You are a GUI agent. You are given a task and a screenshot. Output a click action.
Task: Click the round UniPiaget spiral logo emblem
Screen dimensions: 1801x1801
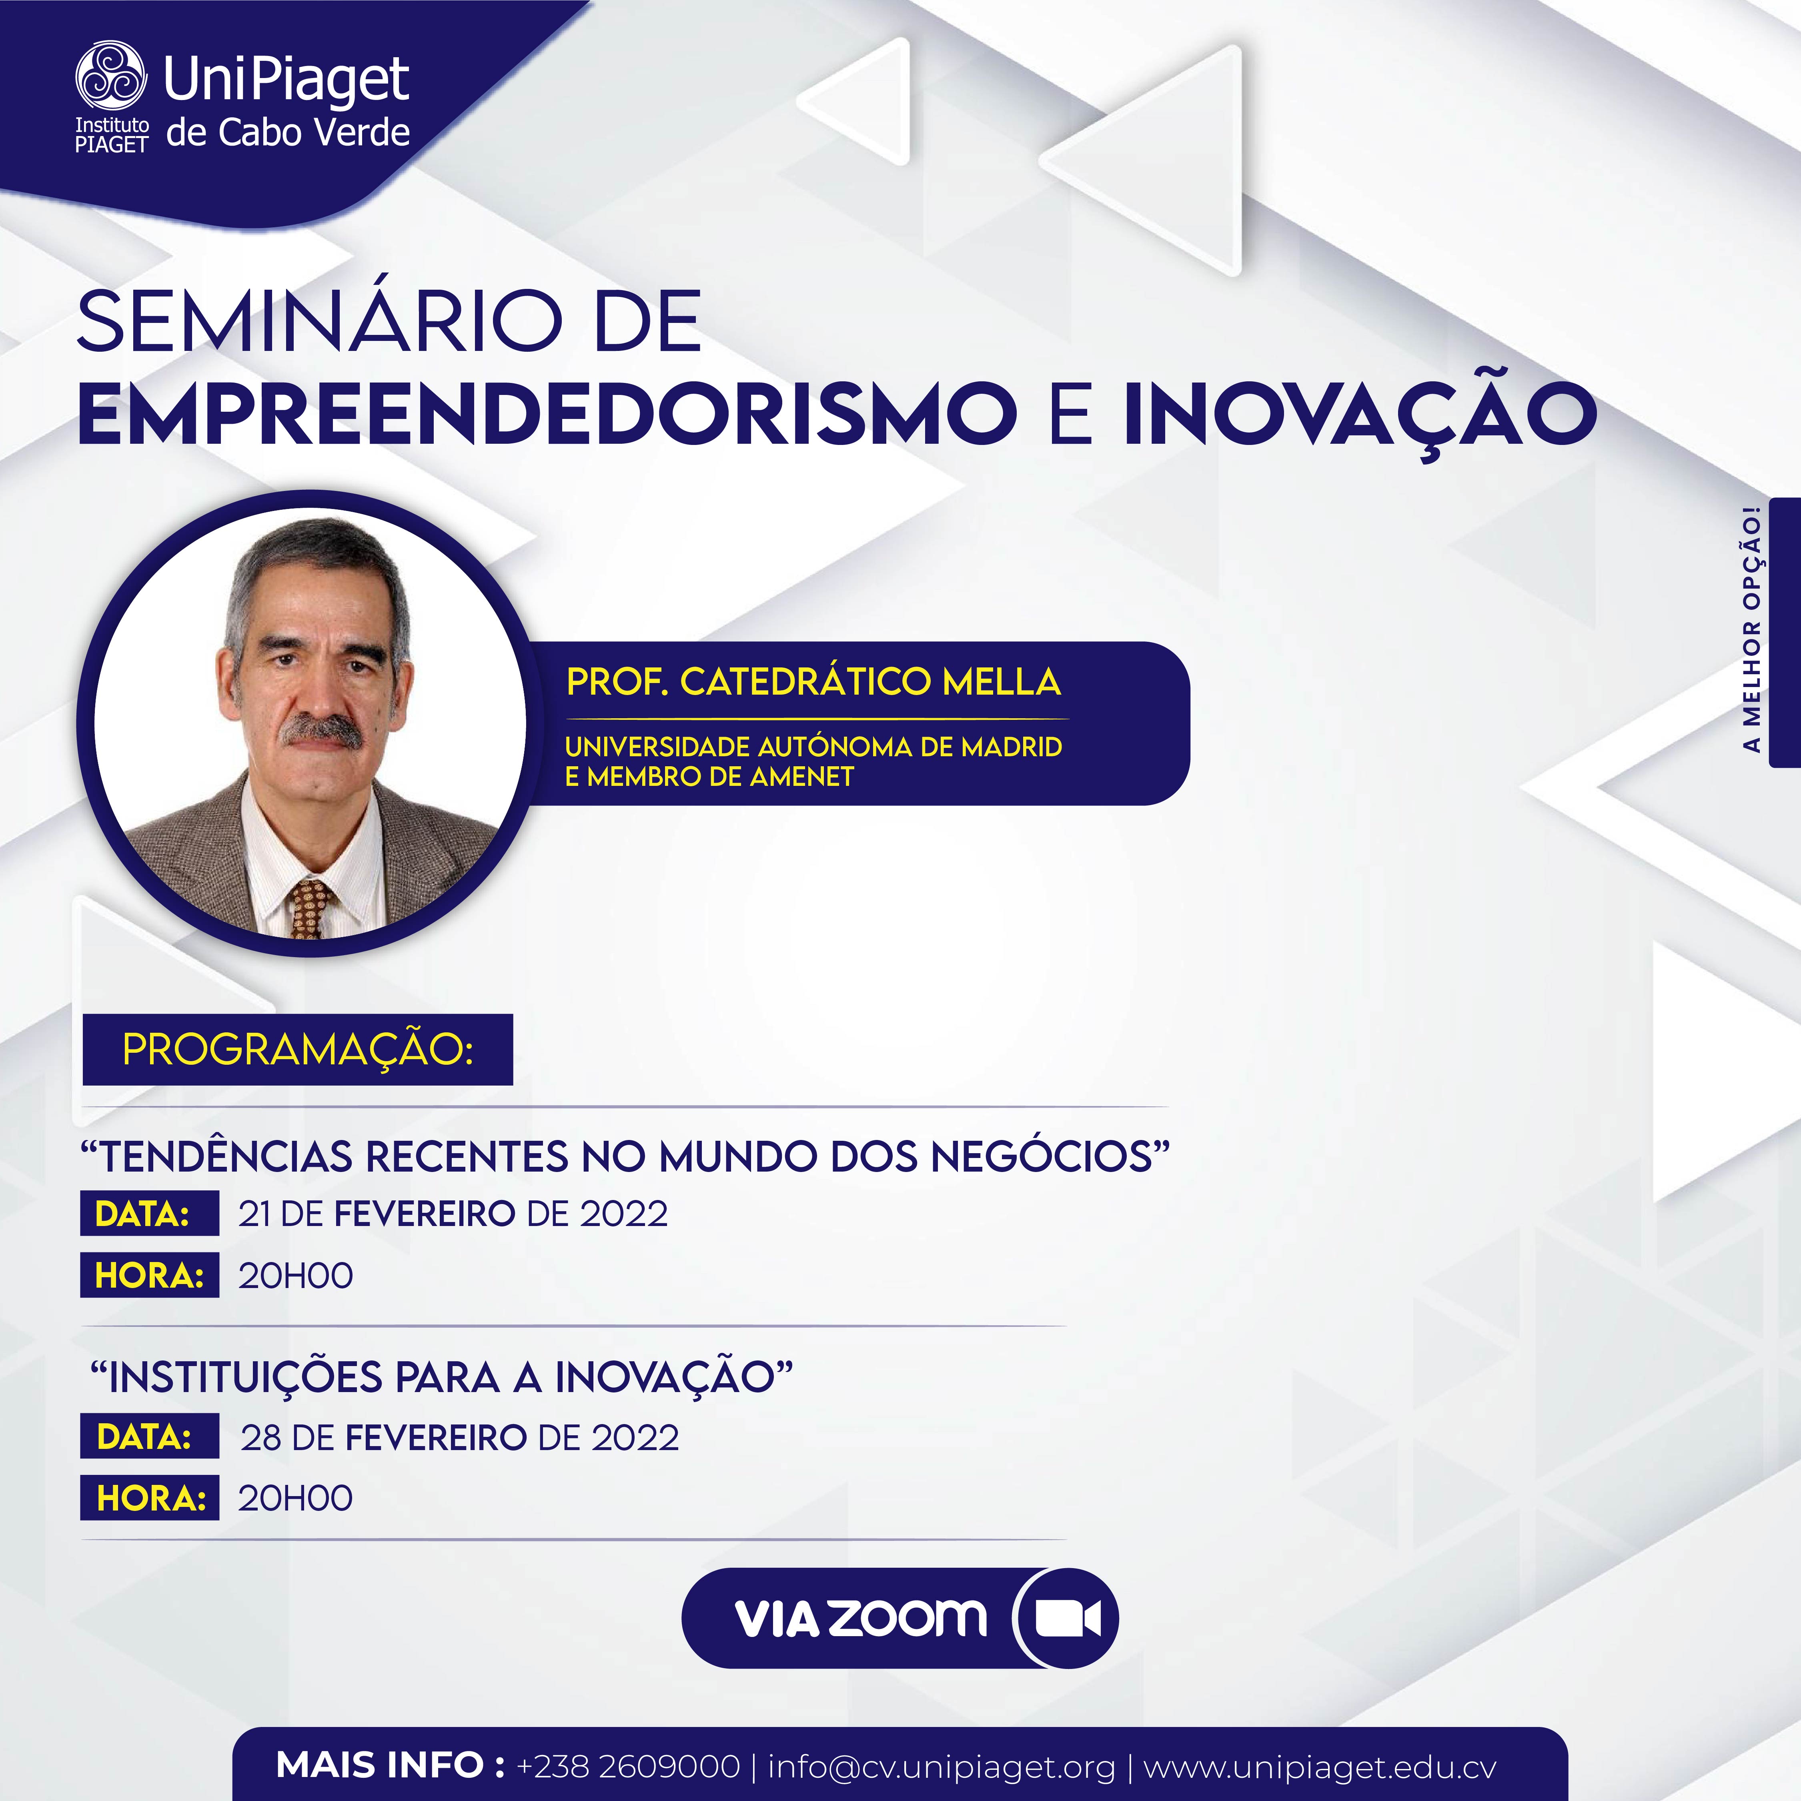pyautogui.click(x=111, y=76)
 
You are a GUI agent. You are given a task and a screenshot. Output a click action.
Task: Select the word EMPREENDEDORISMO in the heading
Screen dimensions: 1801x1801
pyautogui.click(x=547, y=413)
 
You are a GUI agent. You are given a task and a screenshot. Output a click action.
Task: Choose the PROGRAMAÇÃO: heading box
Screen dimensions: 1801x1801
pyautogui.click(x=297, y=1049)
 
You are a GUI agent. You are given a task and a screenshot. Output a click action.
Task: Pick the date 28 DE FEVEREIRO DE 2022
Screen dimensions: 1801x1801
pyautogui.click(x=460, y=1437)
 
